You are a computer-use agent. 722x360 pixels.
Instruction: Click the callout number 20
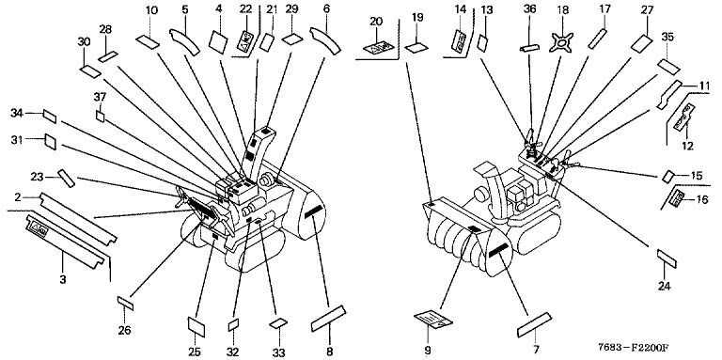click(376, 22)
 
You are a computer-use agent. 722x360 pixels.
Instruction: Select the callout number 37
click(100, 97)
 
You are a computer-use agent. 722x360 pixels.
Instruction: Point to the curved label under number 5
click(184, 41)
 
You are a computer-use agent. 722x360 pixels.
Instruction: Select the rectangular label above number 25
click(196, 326)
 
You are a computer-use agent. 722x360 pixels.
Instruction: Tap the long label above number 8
click(329, 318)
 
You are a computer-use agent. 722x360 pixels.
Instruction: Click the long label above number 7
click(535, 324)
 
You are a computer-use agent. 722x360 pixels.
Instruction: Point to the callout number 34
click(17, 113)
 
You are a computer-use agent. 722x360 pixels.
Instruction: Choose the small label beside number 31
click(50, 142)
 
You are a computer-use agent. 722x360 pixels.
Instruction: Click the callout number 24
click(664, 286)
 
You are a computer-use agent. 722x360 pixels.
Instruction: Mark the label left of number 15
click(668, 176)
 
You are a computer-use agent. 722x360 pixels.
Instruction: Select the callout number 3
click(63, 278)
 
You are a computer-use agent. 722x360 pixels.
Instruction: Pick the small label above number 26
click(125, 303)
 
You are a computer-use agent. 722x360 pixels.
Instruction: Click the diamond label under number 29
click(291, 39)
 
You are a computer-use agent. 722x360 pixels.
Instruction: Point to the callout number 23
click(37, 177)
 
